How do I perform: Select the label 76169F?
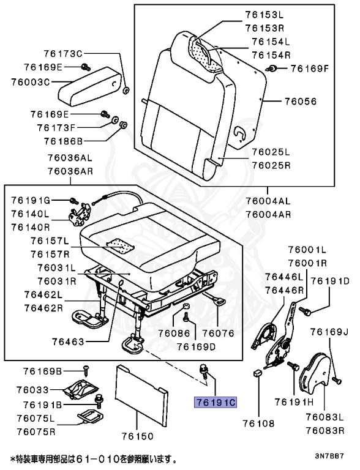[309, 68]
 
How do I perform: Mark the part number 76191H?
[294, 402]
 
